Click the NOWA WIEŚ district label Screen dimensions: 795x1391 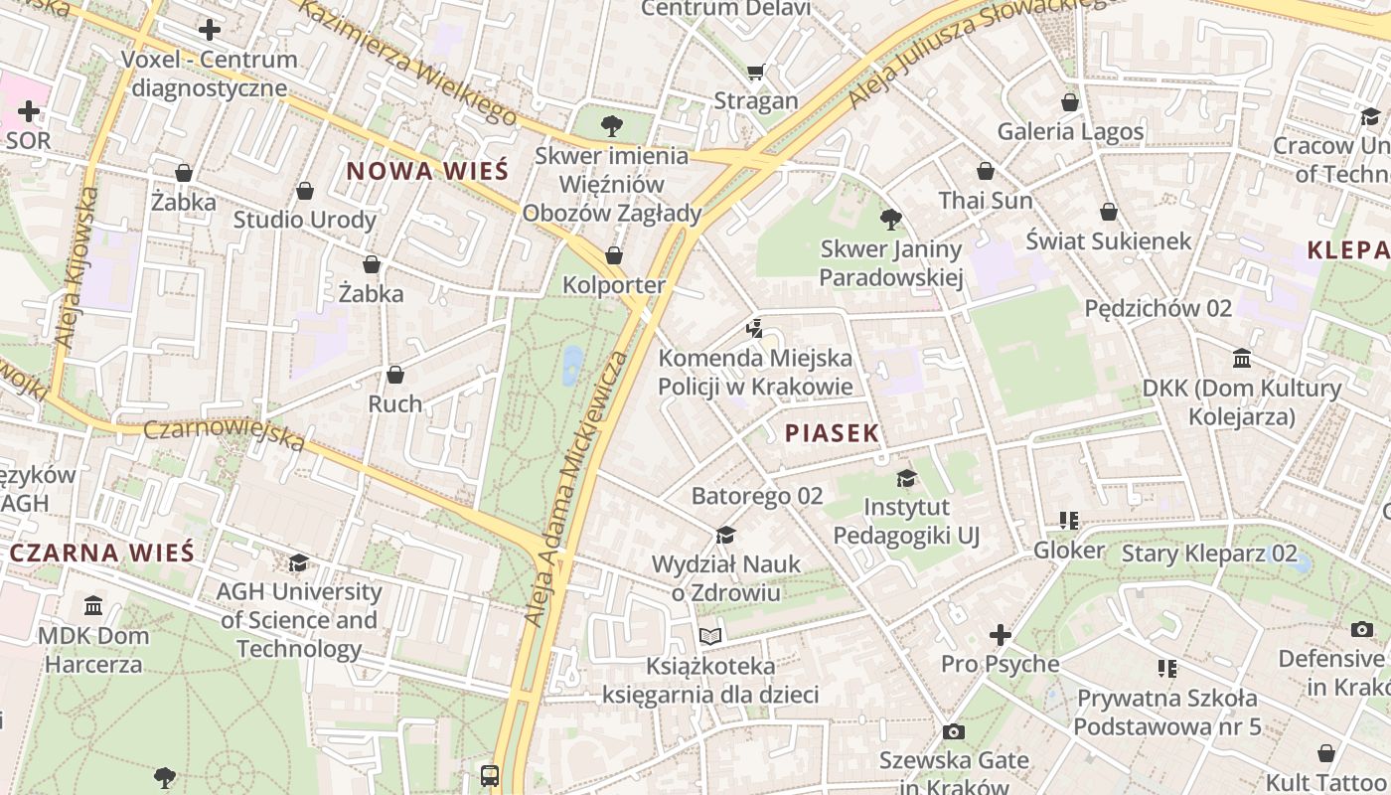(x=427, y=171)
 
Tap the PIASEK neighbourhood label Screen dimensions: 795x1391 (x=833, y=433)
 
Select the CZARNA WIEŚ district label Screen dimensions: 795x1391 (x=102, y=554)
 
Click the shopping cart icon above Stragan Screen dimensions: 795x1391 (x=755, y=72)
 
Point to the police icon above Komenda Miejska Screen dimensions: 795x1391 (x=755, y=328)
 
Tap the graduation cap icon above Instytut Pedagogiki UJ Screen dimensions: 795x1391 (x=905, y=478)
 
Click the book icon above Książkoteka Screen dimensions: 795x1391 (x=709, y=636)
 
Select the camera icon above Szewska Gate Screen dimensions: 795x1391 (x=953, y=732)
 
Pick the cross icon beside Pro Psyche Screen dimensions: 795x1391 (x=1001, y=635)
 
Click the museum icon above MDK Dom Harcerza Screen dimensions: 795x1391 (x=93, y=605)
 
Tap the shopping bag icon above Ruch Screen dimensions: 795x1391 (x=395, y=375)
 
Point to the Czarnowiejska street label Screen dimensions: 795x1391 (x=225, y=435)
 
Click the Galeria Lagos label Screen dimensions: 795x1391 (x=1070, y=131)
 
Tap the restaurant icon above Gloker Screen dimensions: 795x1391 (x=1069, y=521)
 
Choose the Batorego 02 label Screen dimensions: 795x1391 (x=757, y=495)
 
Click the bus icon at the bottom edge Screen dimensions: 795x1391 (x=490, y=775)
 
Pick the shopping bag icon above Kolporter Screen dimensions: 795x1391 (x=614, y=255)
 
